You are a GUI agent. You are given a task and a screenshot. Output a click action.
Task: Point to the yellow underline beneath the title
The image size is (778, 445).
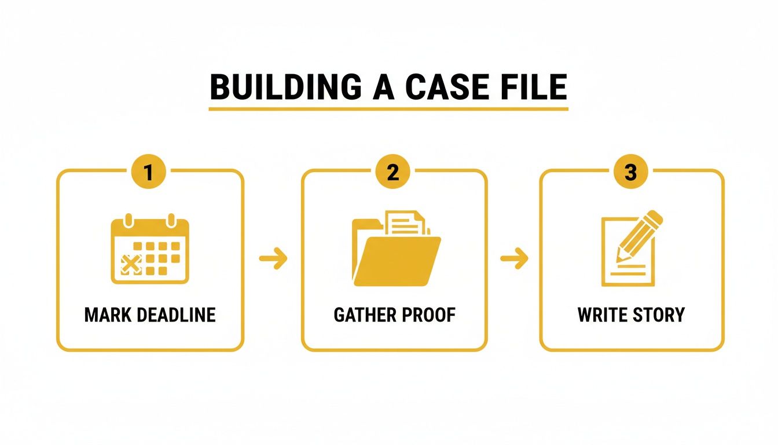(x=388, y=108)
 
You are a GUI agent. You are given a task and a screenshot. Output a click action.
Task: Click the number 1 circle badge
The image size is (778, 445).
(x=149, y=172)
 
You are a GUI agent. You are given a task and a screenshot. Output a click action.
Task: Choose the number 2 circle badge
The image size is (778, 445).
(x=393, y=172)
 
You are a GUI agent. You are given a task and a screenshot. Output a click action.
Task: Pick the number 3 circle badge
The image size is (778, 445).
(x=631, y=172)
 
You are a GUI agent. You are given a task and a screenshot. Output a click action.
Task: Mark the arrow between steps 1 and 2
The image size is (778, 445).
(x=273, y=259)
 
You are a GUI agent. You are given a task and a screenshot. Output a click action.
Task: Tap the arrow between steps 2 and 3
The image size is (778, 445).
(x=514, y=259)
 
